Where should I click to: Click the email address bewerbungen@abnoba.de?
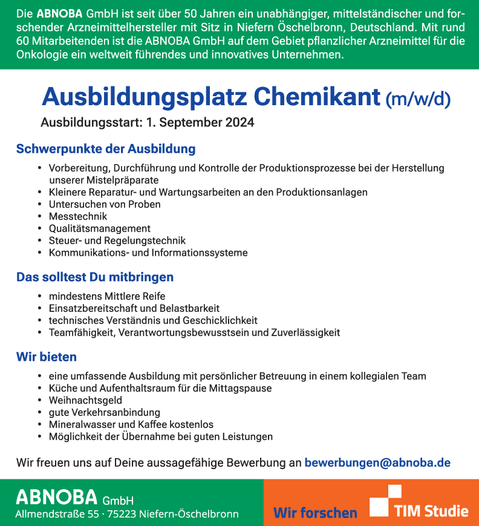tap(377, 463)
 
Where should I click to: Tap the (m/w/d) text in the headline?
tap(418, 99)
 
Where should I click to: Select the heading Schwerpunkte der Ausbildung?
tap(106, 149)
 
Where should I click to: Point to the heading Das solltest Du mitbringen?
tap(95, 278)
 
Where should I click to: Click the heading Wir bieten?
tap(47, 357)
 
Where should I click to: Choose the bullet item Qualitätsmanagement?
tap(100, 229)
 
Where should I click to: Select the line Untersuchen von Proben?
tap(105, 204)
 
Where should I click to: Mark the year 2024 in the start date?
tap(240, 122)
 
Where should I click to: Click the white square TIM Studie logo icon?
tap(386, 501)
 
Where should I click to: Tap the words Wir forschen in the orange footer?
tap(315, 513)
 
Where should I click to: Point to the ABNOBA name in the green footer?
tap(56, 497)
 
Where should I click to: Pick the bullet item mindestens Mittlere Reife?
tap(107, 296)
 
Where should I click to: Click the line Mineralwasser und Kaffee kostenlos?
tap(131, 424)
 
